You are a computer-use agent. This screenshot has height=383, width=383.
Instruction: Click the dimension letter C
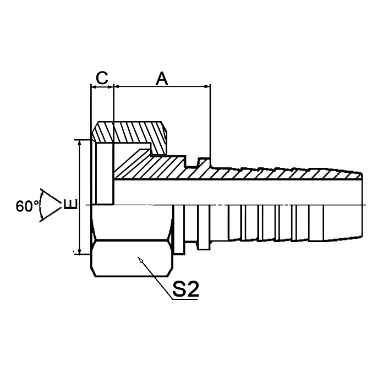pyautogui.click(x=101, y=78)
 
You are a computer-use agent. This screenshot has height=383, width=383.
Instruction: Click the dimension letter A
pyautogui.click(x=161, y=78)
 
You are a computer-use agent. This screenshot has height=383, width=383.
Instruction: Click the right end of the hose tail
pyautogui.click(x=362, y=205)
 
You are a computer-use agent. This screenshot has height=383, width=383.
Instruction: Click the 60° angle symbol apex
pyautogui.click(x=59, y=205)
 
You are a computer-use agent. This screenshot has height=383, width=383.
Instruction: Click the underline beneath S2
pyautogui.click(x=185, y=299)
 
